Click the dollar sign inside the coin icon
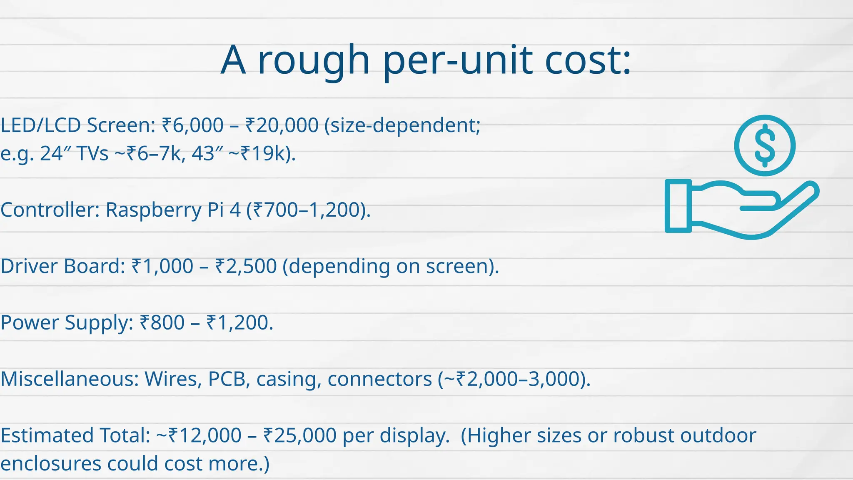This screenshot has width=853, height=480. click(765, 145)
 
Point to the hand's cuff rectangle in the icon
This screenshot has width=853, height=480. click(678, 206)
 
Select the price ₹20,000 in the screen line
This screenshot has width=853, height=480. click(282, 125)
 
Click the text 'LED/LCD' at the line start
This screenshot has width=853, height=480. click(40, 125)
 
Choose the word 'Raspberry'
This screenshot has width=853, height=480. click(153, 210)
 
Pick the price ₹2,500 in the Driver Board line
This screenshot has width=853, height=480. click(246, 266)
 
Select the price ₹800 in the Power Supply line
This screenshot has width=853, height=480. click(162, 322)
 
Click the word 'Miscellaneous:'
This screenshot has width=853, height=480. click(69, 379)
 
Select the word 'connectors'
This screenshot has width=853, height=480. click(379, 379)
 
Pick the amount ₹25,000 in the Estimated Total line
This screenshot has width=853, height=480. click(300, 435)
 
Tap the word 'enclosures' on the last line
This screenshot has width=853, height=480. click(51, 463)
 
